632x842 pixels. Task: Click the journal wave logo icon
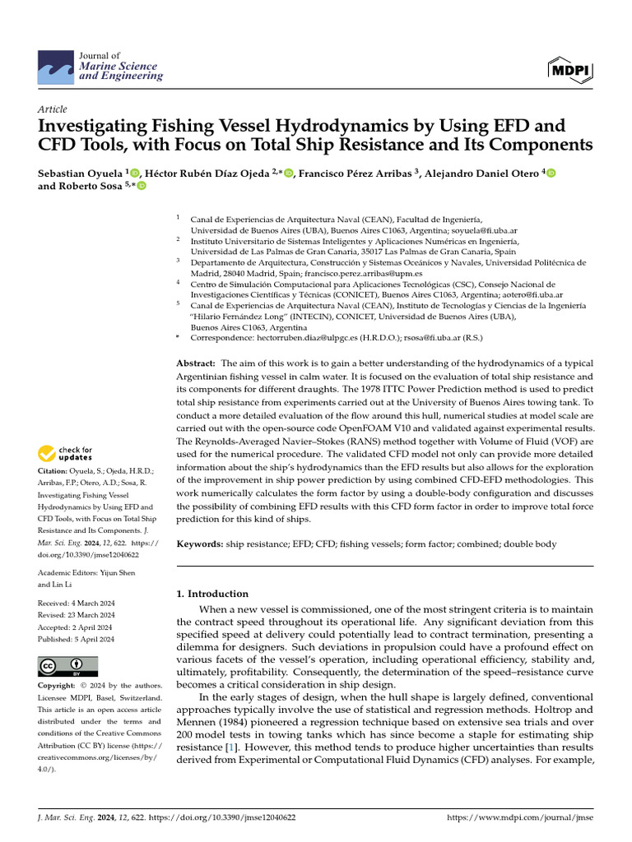coord(55,66)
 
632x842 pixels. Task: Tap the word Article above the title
coord(53,109)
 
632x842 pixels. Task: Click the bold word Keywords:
coord(200,544)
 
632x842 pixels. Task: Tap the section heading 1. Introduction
coord(213,594)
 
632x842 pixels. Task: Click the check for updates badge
coord(65,453)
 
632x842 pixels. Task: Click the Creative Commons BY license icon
coord(67,665)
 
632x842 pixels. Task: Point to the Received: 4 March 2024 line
coord(77,604)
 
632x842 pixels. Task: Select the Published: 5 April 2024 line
coord(77,639)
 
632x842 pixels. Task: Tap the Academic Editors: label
coord(69,572)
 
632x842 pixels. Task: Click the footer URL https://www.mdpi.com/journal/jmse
coord(518,818)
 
